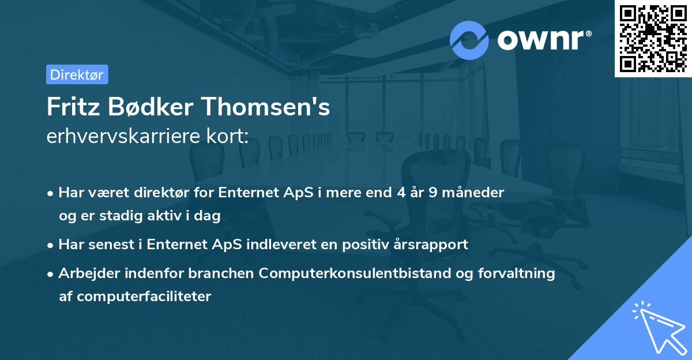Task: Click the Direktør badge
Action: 77,74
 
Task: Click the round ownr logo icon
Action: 469,40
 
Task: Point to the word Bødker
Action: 148,107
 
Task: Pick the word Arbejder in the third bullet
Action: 85,273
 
